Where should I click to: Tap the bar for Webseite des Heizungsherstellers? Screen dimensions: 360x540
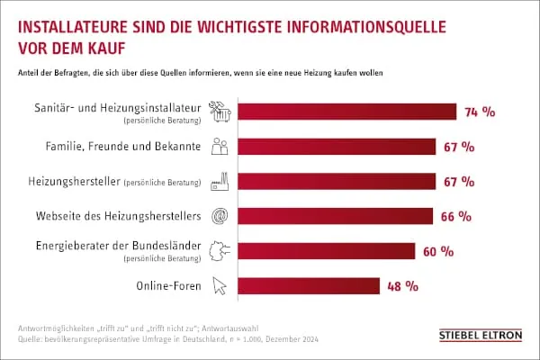click(x=334, y=216)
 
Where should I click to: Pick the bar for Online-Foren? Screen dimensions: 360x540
click(x=307, y=286)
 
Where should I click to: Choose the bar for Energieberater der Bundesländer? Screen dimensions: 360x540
click(x=325, y=251)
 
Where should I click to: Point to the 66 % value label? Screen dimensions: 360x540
click(x=456, y=216)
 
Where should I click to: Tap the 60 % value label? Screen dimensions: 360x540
click(x=437, y=251)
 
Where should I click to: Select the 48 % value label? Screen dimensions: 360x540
click(x=403, y=286)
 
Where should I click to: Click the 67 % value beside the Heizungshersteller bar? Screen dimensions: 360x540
click(x=458, y=182)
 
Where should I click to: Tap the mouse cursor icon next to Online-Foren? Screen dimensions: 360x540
click(x=219, y=286)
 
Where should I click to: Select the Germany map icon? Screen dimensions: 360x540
click(x=219, y=251)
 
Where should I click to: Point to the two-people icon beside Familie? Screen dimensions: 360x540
click(x=219, y=147)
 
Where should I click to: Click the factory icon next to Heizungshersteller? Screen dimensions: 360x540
click(x=219, y=182)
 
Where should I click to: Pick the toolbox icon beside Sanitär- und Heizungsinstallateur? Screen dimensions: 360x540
click(x=219, y=112)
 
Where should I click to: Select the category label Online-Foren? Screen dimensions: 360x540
click(x=169, y=286)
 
